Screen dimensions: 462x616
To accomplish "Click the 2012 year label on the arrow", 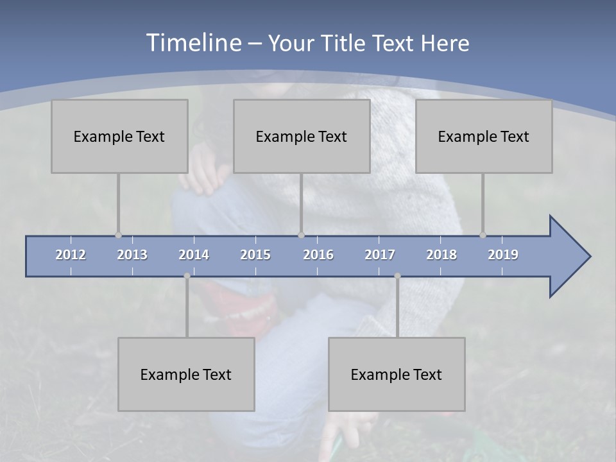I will pyautogui.click(x=71, y=255).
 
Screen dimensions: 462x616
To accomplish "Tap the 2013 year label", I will pyautogui.click(x=132, y=255).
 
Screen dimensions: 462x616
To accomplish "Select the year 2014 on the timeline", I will pyautogui.click(x=194, y=255).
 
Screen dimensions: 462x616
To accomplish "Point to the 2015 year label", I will pyautogui.click(x=255, y=255).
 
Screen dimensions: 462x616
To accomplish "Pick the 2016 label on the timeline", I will pyautogui.click(x=318, y=255).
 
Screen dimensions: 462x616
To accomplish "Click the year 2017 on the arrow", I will pyautogui.click(x=380, y=255).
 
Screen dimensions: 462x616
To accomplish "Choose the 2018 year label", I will pyautogui.click(x=441, y=255).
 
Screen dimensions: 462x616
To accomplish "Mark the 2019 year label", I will pyautogui.click(x=503, y=255).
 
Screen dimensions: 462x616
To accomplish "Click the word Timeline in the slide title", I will pyautogui.click(x=193, y=43).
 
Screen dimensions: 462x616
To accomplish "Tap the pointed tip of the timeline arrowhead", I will pyautogui.click(x=589, y=257).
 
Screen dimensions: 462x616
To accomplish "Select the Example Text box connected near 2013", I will pyautogui.click(x=119, y=136).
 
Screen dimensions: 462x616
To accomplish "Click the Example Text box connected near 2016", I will pyautogui.click(x=302, y=136).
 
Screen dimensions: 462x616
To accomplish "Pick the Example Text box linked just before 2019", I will pyautogui.click(x=484, y=136).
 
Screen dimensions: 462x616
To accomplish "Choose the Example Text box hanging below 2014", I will pyautogui.click(x=186, y=374).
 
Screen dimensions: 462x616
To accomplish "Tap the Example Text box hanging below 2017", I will pyautogui.click(x=397, y=374).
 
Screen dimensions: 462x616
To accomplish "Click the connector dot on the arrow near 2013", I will pyautogui.click(x=118, y=235).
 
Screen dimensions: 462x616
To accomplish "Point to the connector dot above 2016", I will pyautogui.click(x=301, y=235).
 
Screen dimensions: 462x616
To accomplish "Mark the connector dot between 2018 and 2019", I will pyautogui.click(x=483, y=235).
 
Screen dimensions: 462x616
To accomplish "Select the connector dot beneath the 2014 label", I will pyautogui.click(x=187, y=276).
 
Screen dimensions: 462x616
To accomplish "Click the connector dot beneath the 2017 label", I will pyautogui.click(x=397, y=276).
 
